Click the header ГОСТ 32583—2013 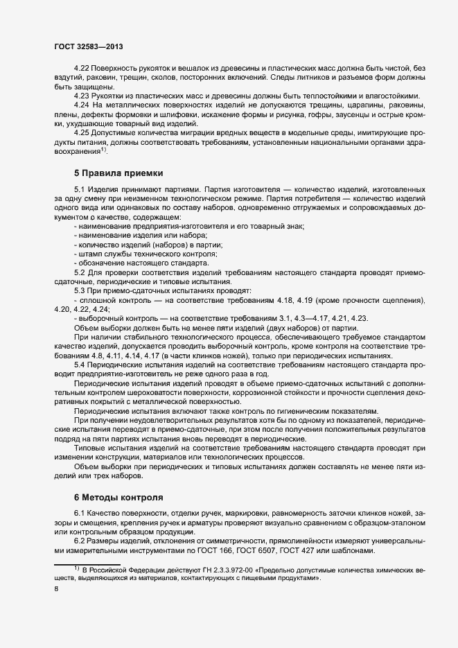pos(89,46)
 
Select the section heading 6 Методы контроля pos(118,497)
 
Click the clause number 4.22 pos(82,68)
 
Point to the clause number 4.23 pos(82,95)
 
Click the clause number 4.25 pos(82,132)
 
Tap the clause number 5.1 pos(80,189)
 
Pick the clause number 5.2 pos(80,272)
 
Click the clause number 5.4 pos(80,365)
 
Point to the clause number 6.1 pos(80,513)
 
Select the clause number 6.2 pos(80,541)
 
